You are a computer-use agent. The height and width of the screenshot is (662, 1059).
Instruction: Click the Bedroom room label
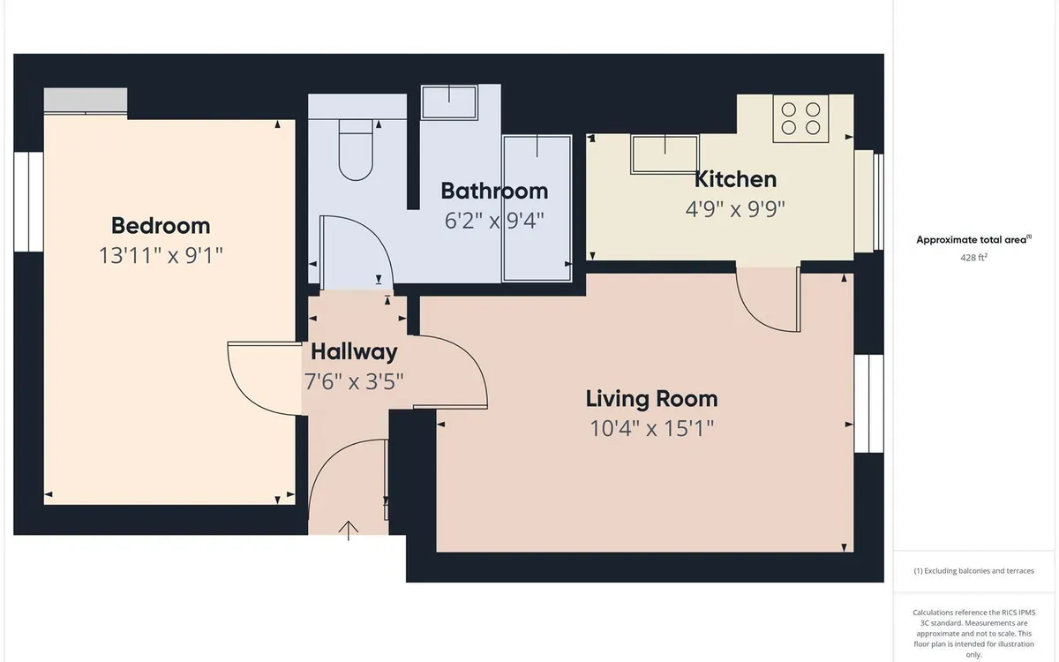[x=161, y=226]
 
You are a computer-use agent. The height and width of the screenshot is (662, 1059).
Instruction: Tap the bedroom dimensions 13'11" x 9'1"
[x=161, y=255]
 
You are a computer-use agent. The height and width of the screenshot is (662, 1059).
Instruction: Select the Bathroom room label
[x=494, y=191]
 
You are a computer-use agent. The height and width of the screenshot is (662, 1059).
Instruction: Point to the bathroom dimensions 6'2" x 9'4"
[x=494, y=221]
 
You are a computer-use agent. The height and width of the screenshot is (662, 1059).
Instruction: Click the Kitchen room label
[x=735, y=179]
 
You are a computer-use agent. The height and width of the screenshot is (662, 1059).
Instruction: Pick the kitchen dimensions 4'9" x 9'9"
[x=735, y=208]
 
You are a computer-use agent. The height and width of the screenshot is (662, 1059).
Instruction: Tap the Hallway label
[x=354, y=352]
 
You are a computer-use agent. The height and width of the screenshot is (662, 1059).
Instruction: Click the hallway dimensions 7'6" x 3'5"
[x=354, y=381]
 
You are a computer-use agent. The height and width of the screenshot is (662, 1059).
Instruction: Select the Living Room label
[x=652, y=399]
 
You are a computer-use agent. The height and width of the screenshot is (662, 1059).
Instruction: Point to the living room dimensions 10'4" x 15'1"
[x=652, y=428]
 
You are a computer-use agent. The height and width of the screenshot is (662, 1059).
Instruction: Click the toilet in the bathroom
[x=356, y=149]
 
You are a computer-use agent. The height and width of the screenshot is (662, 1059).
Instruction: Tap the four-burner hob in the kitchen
[x=801, y=118]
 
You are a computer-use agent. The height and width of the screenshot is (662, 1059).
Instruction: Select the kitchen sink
[x=665, y=154]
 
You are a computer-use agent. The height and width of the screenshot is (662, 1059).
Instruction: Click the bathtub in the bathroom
[x=537, y=208]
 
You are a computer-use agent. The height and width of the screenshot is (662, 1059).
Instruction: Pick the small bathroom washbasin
[x=449, y=102]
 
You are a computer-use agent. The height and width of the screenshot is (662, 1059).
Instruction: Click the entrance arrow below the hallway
[x=349, y=530]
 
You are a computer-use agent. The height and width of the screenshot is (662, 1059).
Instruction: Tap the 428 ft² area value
[x=973, y=258]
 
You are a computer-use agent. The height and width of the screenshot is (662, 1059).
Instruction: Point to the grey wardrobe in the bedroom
[x=86, y=101]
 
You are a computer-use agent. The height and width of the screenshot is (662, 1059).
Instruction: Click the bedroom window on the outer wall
[x=28, y=202]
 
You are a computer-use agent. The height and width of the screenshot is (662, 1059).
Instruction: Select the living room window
[x=869, y=403]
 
